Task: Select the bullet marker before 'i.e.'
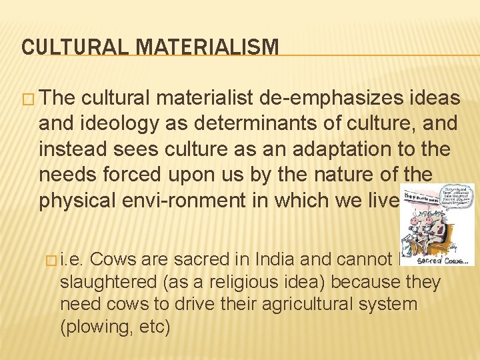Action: pos(49,259)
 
